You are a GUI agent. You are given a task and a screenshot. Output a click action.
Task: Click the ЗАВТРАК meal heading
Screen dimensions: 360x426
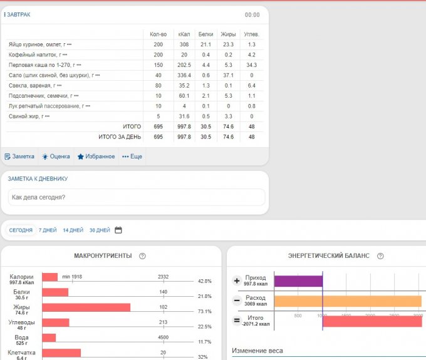(18, 14)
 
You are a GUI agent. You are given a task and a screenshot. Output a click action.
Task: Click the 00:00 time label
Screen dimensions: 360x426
(252, 15)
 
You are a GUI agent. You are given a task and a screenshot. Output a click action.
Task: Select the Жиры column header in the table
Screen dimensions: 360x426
(228, 34)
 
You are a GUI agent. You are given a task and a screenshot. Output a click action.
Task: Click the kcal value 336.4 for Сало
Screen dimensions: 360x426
(184, 75)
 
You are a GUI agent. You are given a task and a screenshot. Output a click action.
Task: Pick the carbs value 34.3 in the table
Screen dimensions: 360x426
(251, 65)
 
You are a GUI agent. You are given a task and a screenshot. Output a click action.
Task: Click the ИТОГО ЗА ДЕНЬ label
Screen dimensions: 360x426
(120, 136)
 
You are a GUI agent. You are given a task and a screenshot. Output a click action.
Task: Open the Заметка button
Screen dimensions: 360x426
(19, 157)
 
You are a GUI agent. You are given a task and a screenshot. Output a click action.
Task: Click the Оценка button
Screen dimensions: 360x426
(56, 157)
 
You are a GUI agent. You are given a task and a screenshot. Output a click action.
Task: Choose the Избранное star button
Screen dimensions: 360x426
(96, 157)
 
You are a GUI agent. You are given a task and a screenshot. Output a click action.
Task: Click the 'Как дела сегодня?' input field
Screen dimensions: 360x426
(135, 197)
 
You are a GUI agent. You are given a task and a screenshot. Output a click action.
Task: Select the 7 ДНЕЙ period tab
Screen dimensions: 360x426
(48, 230)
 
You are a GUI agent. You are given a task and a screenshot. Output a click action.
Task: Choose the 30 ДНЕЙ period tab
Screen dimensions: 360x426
(100, 230)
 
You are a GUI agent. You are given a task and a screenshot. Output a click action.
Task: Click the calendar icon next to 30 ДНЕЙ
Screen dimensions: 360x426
(118, 230)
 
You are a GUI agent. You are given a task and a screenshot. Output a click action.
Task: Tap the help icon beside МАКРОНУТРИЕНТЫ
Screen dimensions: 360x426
(142, 256)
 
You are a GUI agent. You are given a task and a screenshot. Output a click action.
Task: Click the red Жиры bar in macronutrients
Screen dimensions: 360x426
(86, 307)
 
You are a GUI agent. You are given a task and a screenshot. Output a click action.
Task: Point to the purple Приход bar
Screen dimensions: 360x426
(298, 282)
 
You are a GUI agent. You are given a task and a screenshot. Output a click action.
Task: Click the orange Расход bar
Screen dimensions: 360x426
(348, 301)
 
